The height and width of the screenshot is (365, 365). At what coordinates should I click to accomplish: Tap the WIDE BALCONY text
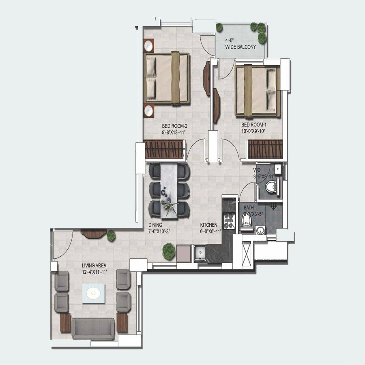241,47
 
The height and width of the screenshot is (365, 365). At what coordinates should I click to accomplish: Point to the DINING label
155,225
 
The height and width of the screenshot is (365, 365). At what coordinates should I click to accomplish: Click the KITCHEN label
209,225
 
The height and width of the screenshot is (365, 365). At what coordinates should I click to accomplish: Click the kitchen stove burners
229,221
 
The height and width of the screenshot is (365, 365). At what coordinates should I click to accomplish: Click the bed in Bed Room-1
258,90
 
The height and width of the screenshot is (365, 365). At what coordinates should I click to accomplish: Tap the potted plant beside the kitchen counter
168,251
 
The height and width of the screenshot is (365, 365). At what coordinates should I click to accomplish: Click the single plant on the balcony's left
219,28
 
